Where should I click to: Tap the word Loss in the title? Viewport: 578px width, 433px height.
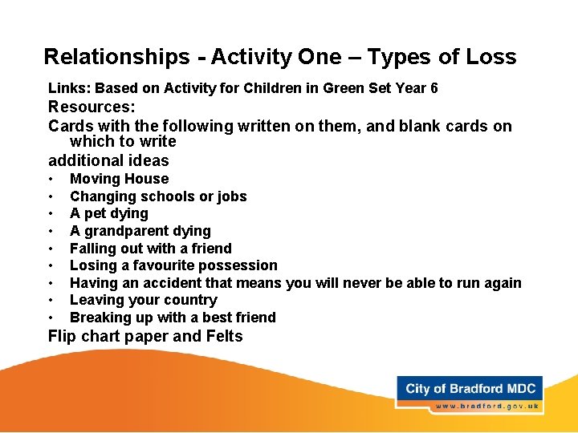[x=484, y=57]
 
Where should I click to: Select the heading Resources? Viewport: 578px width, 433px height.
[x=92, y=107]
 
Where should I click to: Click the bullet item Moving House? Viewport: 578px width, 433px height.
[x=119, y=179]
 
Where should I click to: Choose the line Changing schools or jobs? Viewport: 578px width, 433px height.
[x=158, y=196]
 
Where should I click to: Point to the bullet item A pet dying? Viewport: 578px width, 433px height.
[x=109, y=213]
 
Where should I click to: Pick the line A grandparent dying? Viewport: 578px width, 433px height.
[x=140, y=231]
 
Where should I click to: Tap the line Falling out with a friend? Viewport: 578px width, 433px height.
[x=150, y=249]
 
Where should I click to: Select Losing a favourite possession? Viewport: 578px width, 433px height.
[x=173, y=265]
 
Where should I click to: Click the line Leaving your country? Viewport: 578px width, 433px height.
[x=143, y=300]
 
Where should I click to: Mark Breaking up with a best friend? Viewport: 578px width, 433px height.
[x=173, y=318]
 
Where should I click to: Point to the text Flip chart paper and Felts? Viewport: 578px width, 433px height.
[x=145, y=336]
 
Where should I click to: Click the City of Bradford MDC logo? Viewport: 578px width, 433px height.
[x=470, y=389]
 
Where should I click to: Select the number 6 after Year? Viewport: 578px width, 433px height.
[x=433, y=88]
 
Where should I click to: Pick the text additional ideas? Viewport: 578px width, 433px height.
[x=108, y=160]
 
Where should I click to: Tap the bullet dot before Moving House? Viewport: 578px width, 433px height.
[x=51, y=179]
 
